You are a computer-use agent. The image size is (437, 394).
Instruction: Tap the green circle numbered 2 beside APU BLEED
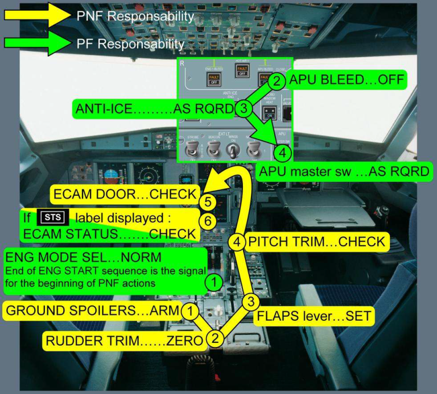276,81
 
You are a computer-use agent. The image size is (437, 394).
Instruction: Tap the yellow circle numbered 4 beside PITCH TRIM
238,242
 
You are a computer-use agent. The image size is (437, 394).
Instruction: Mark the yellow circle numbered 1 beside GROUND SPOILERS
192,311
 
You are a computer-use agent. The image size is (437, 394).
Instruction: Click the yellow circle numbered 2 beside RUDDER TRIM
215,339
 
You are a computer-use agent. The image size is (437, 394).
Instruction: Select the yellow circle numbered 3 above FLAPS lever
249,301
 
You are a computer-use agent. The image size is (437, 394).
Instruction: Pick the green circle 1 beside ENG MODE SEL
213,280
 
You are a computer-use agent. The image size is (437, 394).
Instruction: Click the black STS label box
52,217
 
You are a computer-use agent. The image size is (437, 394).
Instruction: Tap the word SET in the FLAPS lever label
359,315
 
